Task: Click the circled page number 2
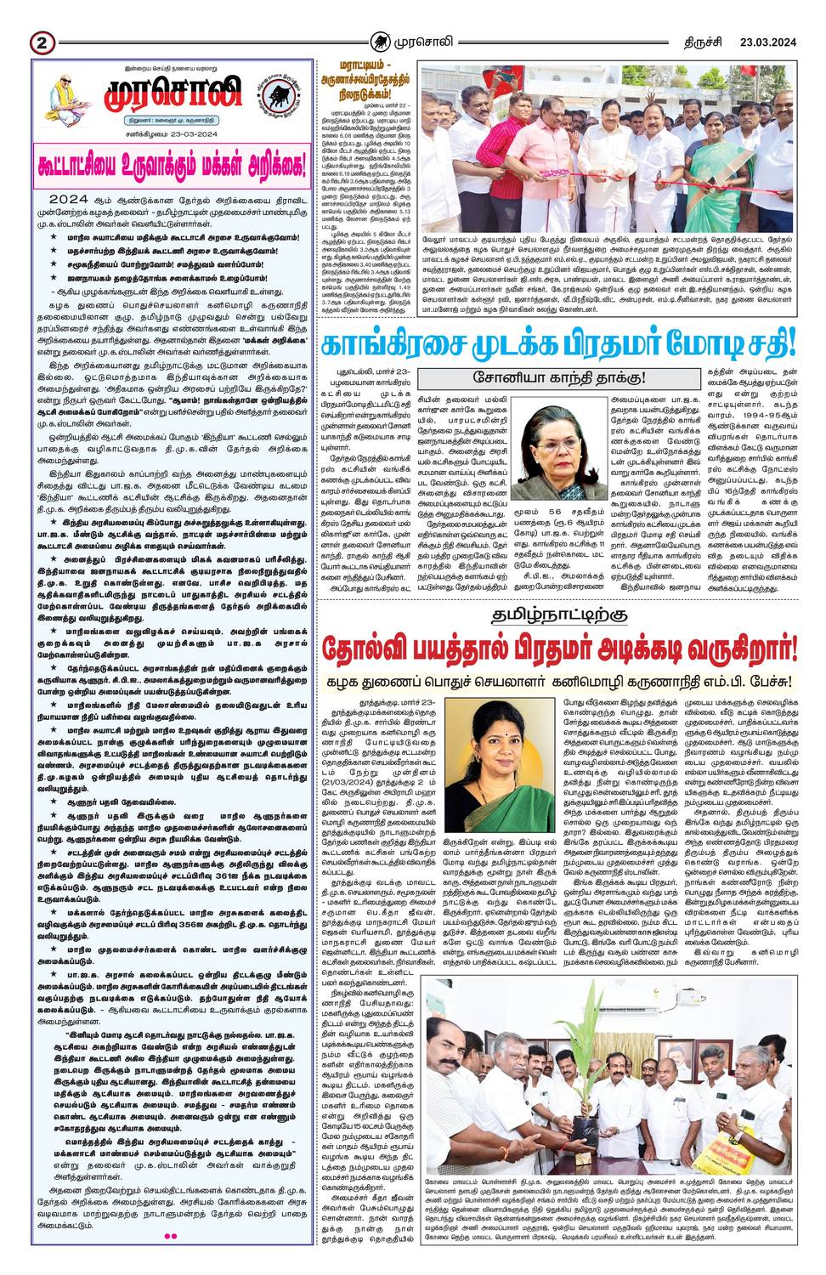tap(41, 42)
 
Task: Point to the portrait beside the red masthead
tap(63, 93)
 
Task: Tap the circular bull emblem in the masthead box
tap(273, 93)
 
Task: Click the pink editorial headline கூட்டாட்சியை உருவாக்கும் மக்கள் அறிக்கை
tap(170, 162)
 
